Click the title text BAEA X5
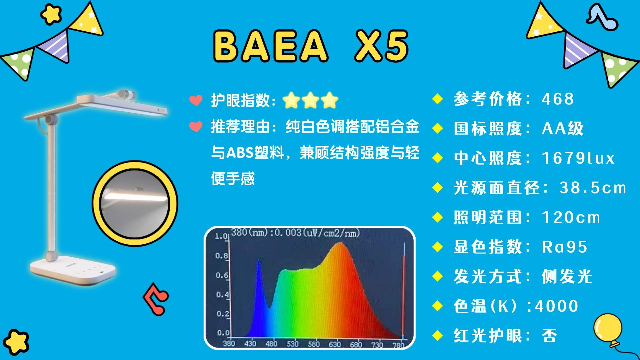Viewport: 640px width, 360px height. tap(311, 46)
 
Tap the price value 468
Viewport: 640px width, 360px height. tap(558, 99)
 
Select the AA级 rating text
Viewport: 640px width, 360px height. tap(563, 128)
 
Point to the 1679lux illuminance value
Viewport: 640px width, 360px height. tap(578, 158)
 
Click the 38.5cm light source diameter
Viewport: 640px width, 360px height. tap(593, 188)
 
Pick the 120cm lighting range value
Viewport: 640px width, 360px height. tap(571, 217)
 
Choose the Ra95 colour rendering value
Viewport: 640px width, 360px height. tap(564, 247)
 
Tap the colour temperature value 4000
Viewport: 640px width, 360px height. tap(556, 306)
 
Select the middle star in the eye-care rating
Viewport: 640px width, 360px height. tap(310, 100)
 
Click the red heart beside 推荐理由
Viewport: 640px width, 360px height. tap(196, 127)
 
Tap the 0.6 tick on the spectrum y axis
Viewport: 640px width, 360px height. tap(222, 275)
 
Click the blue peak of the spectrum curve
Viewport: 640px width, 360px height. tap(258, 260)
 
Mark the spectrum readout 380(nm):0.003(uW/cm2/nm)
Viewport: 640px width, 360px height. tap(296, 232)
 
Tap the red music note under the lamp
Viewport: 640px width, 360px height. tap(156, 298)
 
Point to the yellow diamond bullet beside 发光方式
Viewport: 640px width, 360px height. tap(437, 276)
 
